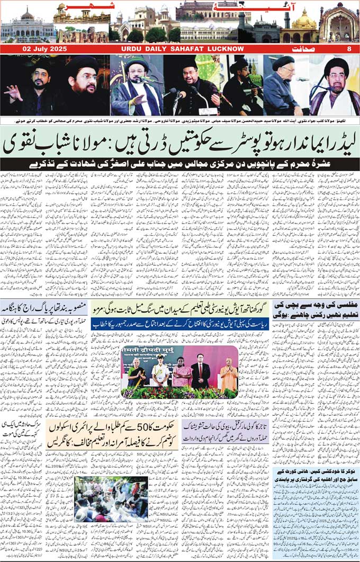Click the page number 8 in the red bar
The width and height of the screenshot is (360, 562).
point(348,49)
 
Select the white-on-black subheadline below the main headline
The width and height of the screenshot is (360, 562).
point(180,164)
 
